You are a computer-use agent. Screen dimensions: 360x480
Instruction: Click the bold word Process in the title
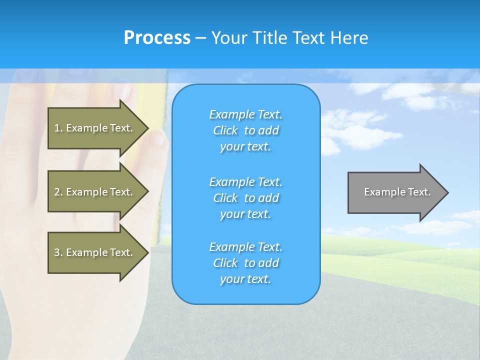click(x=157, y=38)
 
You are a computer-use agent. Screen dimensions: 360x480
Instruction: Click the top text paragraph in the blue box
click(x=245, y=130)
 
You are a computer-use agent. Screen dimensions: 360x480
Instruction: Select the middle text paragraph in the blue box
click(x=245, y=198)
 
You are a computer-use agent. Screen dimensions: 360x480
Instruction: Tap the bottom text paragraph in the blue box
click(x=245, y=263)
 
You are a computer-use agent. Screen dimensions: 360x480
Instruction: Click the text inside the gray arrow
click(x=397, y=192)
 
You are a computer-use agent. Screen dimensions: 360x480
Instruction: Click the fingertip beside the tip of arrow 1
click(x=159, y=137)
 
